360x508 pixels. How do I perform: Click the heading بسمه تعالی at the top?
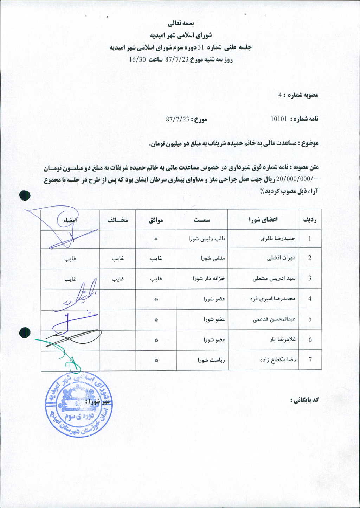coord(180,24)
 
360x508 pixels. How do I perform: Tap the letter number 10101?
coord(279,119)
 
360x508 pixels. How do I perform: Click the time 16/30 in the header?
coord(137,59)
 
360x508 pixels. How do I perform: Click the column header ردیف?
coord(310,220)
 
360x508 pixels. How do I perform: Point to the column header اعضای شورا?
coord(263,220)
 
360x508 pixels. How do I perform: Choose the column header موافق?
coord(156,220)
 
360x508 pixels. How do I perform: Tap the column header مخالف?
coord(117,220)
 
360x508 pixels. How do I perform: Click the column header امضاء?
coord(70,220)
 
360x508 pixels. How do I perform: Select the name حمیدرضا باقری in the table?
coord(278,239)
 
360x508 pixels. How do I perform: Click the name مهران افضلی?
coord(282,258)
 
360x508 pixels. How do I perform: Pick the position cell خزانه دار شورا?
coord(208,278)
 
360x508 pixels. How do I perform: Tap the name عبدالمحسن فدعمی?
coord(274,319)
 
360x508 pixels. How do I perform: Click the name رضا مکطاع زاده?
coord(278,360)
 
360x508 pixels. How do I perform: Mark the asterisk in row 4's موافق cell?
coord(156,299)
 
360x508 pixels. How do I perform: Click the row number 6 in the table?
coord(310,339)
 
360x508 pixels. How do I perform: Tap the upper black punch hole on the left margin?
coord(25,196)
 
